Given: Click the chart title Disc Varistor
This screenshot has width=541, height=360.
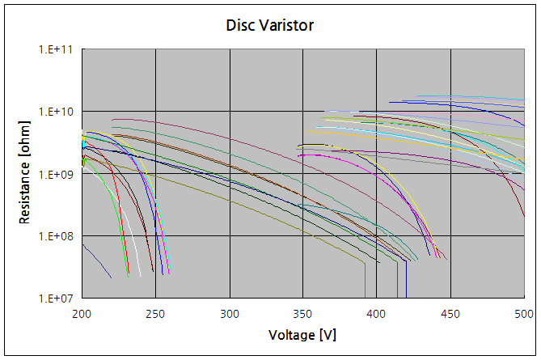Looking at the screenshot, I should point(270,26).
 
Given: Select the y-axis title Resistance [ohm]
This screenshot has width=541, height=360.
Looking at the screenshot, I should point(25,174).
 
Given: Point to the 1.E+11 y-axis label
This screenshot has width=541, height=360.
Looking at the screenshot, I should point(57,49).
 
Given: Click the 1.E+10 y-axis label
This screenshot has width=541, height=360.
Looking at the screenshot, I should point(57,112).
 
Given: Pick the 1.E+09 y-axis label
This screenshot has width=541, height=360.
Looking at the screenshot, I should point(57,174).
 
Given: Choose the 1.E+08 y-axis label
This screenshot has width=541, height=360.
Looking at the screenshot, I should point(57,236).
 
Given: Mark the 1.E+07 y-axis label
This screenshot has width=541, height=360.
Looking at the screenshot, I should point(57,299).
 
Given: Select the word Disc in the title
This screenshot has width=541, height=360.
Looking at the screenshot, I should point(239,26).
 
